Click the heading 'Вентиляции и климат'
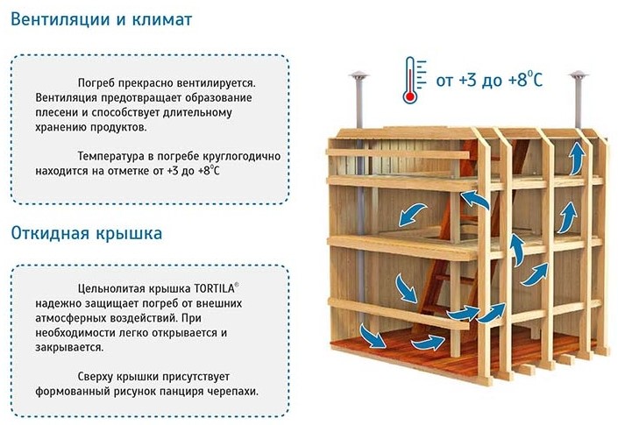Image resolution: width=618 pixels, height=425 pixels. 102,19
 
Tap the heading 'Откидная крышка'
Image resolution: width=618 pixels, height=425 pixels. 86,233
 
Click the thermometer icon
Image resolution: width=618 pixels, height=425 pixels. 414,80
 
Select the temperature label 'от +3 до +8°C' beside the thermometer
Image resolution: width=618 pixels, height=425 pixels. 489,79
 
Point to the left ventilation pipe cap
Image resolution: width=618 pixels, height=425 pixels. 359,75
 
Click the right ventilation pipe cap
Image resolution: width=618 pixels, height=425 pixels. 579,74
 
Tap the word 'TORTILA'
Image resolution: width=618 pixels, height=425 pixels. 214,288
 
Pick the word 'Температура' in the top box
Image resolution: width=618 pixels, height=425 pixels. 110,156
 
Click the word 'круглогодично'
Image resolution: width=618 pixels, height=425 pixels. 242,156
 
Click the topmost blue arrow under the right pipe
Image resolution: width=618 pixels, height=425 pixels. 577,159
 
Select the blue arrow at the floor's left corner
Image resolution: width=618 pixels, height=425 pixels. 373,336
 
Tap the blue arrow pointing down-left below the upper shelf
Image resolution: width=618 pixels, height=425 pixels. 413,215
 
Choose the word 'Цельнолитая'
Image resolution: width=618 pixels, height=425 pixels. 112,289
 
